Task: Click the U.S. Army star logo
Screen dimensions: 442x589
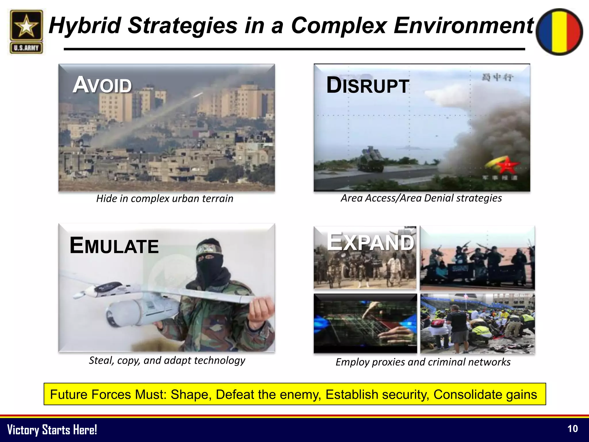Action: click(x=26, y=32)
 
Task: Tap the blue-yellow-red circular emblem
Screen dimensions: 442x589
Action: click(x=560, y=32)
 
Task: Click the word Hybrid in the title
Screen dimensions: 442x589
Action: click(x=85, y=25)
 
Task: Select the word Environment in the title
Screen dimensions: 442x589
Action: click(x=464, y=25)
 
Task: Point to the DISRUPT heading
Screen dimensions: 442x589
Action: click(x=368, y=85)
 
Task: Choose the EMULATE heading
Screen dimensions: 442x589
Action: click(x=114, y=245)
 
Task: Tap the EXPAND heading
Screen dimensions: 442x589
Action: click(x=370, y=242)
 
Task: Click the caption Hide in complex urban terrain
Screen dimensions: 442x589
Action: click(x=165, y=199)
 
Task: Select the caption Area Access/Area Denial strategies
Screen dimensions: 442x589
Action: click(x=421, y=198)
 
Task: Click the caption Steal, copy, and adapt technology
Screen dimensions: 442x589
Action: click(x=167, y=360)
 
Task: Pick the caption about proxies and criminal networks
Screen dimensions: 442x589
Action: click(x=423, y=362)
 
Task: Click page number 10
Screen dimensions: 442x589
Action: click(x=572, y=429)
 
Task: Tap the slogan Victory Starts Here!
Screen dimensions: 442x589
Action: click(x=52, y=430)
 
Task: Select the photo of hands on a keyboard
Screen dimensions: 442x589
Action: click(x=365, y=323)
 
